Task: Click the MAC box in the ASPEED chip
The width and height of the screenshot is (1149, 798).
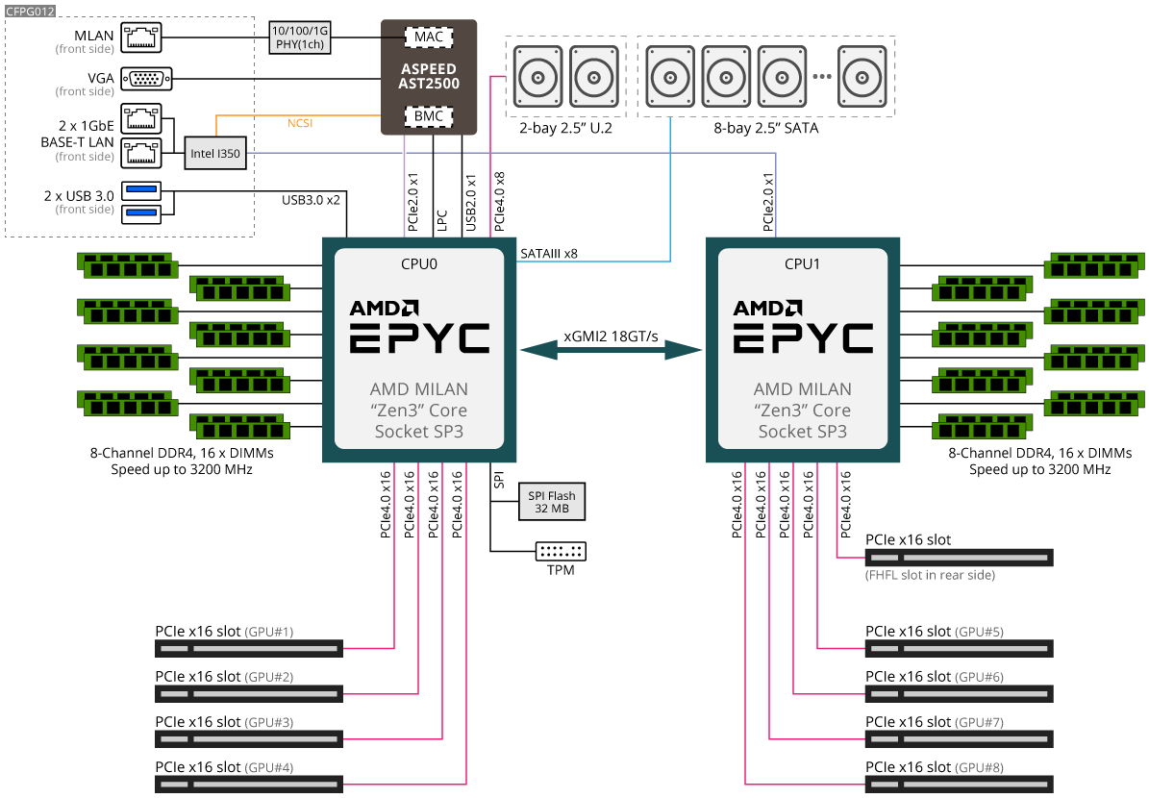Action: tap(429, 37)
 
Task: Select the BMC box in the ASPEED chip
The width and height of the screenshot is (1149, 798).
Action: tap(429, 116)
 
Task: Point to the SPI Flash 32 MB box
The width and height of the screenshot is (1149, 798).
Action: tap(552, 501)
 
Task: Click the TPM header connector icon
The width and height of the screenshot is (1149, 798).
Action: tap(561, 551)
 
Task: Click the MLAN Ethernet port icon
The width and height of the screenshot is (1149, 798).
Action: tap(140, 37)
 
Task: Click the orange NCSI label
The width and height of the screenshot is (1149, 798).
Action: tap(300, 123)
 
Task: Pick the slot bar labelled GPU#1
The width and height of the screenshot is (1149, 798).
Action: tap(249, 649)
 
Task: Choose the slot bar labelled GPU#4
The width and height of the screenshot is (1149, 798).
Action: tap(249, 784)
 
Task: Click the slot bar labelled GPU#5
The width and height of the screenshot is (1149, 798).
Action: tap(959, 649)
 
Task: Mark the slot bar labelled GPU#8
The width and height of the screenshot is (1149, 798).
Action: tap(959, 784)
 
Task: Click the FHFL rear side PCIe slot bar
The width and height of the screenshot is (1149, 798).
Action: tap(959, 558)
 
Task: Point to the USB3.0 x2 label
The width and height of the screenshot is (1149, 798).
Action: tap(311, 201)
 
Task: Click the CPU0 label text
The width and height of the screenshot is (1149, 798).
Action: tap(418, 262)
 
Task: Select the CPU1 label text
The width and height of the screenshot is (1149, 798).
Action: tap(803, 262)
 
